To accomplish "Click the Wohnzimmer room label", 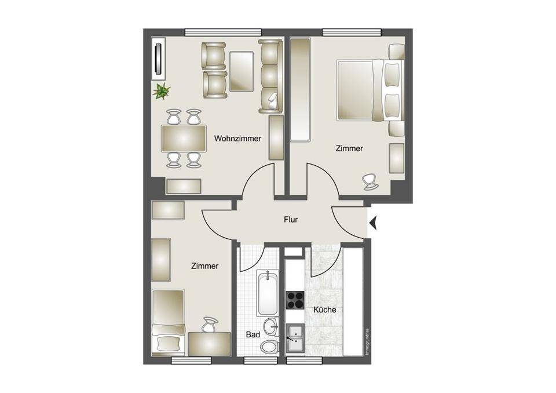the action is [237, 139].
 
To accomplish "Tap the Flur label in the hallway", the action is [291, 220].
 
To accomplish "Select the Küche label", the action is [324, 310].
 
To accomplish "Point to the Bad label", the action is [253, 334].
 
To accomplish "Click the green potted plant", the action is [161, 91].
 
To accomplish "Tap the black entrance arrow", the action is [372, 223].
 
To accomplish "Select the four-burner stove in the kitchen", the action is [295, 300].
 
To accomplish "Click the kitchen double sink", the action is [295, 337].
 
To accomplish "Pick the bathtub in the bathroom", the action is [268, 293].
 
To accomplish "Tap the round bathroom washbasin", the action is [272, 326].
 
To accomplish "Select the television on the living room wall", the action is [159, 58].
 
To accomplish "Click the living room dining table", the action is [184, 138].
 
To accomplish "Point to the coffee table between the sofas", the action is [242, 71].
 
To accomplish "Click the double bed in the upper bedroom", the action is [371, 90].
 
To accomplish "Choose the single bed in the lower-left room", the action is [169, 322].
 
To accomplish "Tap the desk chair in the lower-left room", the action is [210, 324].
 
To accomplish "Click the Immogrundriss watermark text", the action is [367, 341].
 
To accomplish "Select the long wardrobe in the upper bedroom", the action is [301, 90].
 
